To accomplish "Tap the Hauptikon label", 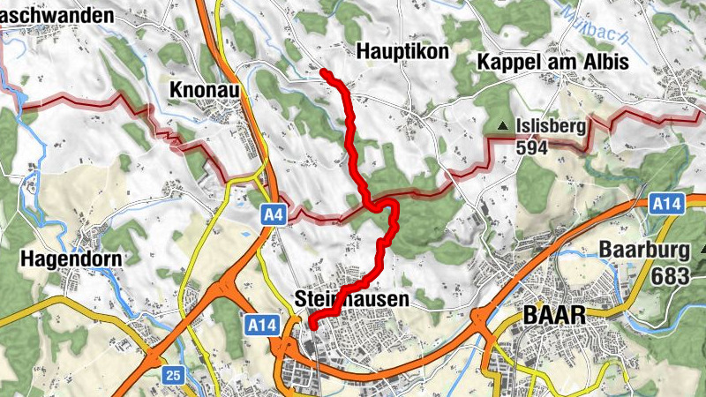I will pos(402,53).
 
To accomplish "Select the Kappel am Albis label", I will pos(552,62).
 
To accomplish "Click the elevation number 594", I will pos(533,147).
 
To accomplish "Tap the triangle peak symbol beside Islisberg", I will pos(503,127).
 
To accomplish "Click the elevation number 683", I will pos(671,275).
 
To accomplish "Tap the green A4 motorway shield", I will pos(273,213).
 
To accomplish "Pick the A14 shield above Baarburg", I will pos(666,204).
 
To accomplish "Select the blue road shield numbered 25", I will pos(172,376).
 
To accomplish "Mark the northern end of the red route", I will pos(324,72).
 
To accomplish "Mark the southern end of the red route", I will pos(312,326).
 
